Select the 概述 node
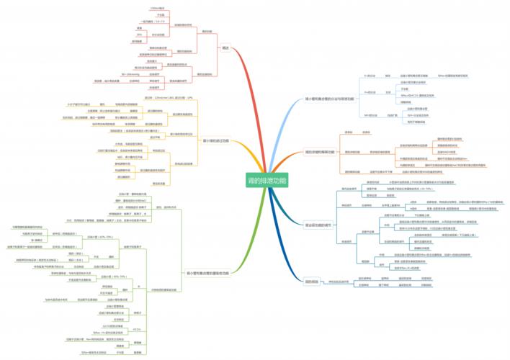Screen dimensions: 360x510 [x=227, y=48]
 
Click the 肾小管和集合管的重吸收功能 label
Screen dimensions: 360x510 [x=207, y=274]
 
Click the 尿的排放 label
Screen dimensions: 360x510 [x=312, y=281]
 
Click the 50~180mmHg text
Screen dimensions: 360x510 [x=131, y=73]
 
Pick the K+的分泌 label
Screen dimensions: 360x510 [x=372, y=74]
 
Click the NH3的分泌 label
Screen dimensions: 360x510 [x=372, y=114]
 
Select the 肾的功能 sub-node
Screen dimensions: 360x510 [x=207, y=32]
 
